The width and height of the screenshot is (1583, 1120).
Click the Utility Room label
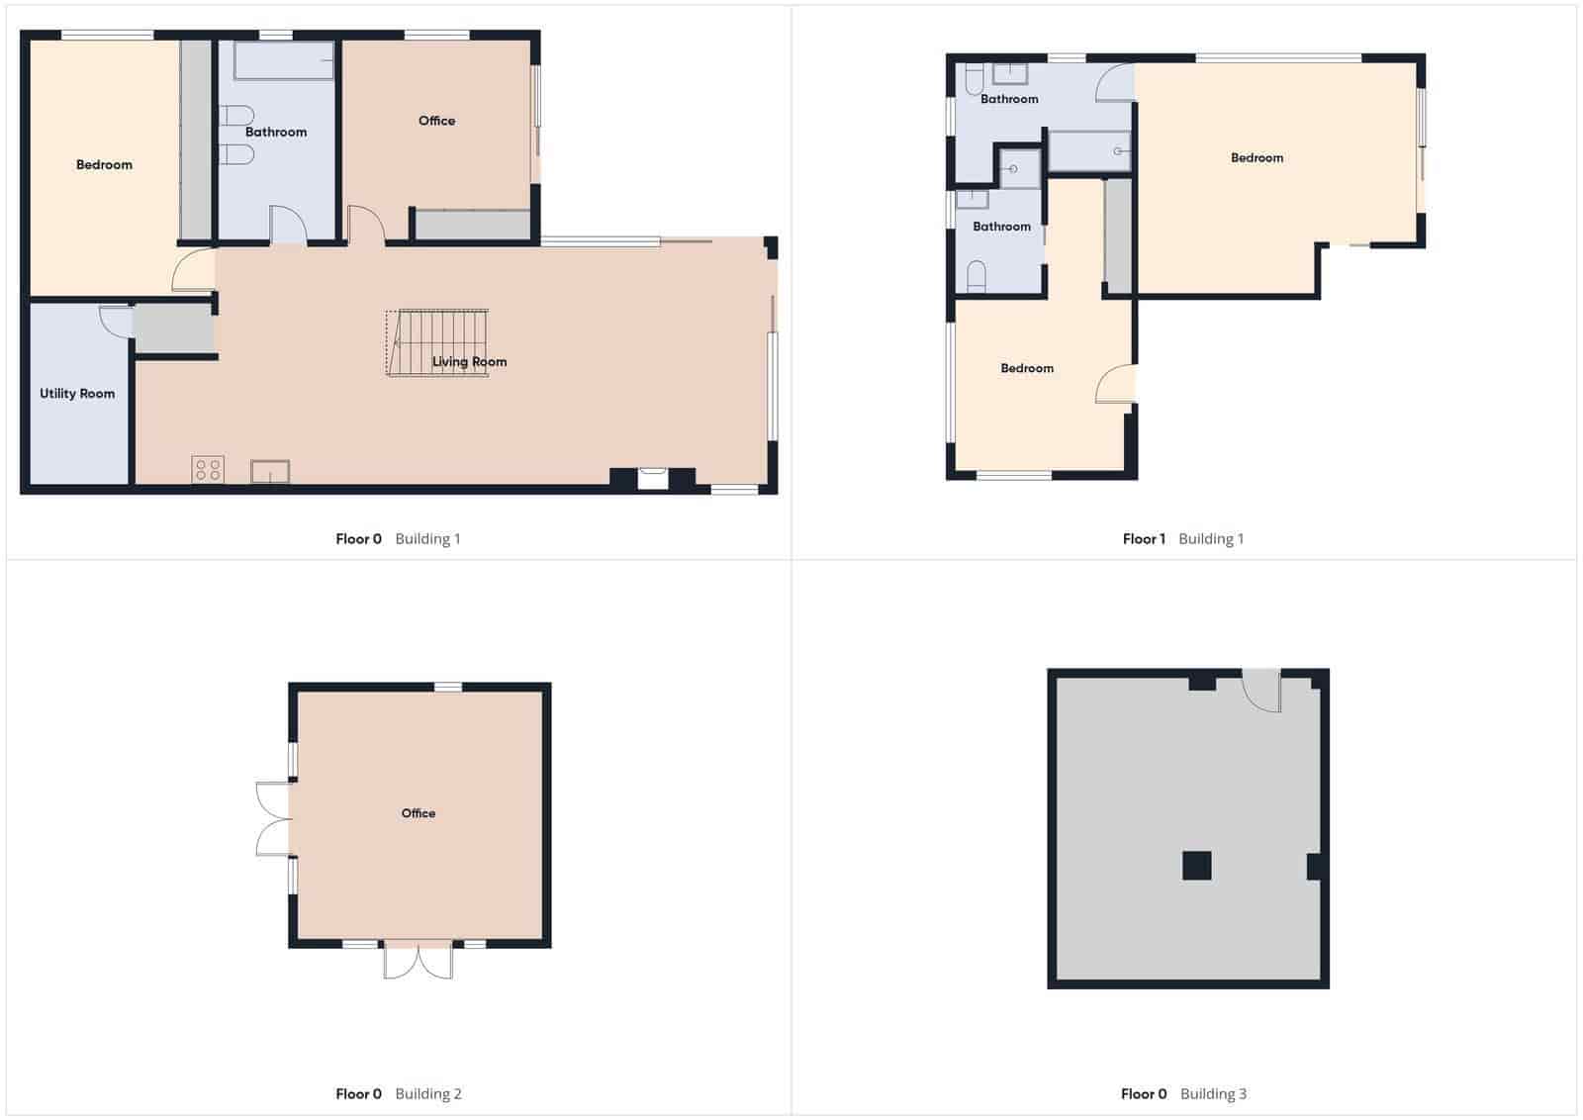click(x=77, y=394)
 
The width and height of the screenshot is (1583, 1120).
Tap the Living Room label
click(x=469, y=362)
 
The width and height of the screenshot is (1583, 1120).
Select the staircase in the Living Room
click(x=437, y=342)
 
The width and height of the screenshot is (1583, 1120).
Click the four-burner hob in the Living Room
click(x=208, y=469)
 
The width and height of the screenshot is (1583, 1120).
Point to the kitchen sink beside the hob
click(x=270, y=471)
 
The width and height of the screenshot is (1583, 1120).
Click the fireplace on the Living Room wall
click(x=653, y=479)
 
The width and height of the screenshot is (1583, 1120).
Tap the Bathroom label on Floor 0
click(x=276, y=132)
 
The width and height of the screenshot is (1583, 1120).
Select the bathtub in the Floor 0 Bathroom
click(x=284, y=61)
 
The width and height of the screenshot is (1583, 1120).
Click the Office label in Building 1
click(x=436, y=121)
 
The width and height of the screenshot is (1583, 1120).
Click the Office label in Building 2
click(x=419, y=813)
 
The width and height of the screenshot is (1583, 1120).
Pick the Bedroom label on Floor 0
click(x=104, y=165)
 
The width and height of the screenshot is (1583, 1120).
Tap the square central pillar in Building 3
click(x=1197, y=866)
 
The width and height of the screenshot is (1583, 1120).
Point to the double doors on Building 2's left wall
click(x=272, y=818)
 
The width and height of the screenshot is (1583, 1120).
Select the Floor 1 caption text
click(x=1144, y=539)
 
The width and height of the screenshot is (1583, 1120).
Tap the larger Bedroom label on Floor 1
click(x=1257, y=158)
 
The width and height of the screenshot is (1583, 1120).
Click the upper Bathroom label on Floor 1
click(x=1009, y=99)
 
